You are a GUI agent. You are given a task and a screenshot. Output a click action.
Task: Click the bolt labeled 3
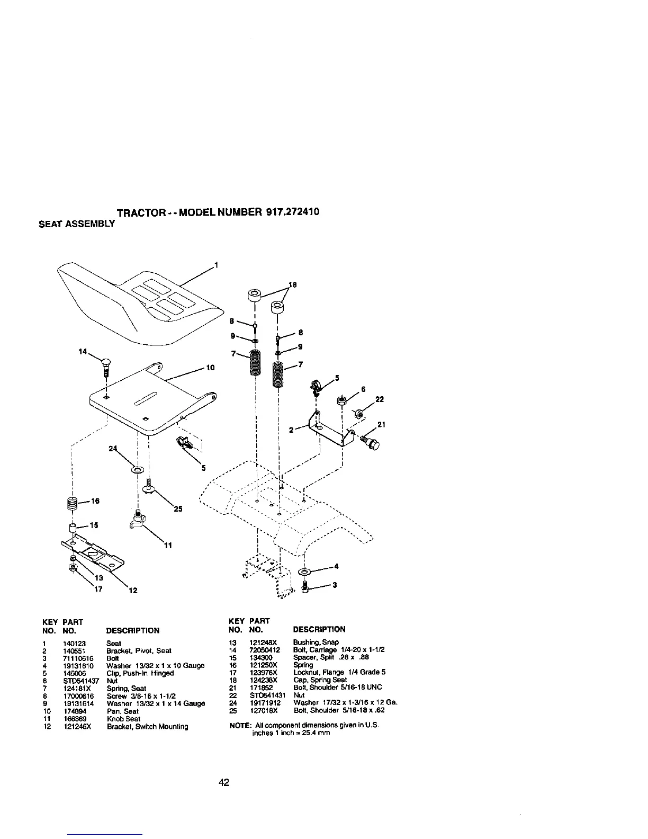pyautogui.click(x=304, y=587)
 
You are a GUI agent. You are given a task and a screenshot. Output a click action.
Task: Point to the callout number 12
pyautogui.click(x=133, y=591)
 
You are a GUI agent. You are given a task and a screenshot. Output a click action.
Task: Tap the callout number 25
pyautogui.click(x=178, y=509)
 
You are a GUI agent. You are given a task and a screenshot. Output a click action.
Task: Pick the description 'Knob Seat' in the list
pyautogui.click(x=123, y=719)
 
